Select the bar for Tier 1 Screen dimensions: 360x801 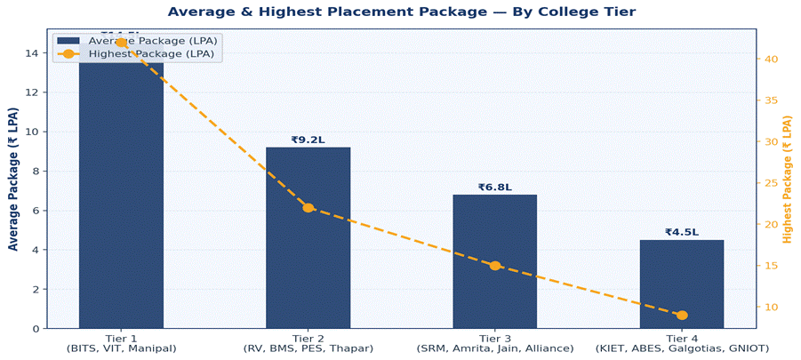tap(121, 196)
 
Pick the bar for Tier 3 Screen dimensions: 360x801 tap(494, 261)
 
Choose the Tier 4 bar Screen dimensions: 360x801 tap(682, 284)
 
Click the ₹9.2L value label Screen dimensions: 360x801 tap(308, 140)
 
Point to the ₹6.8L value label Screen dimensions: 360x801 tap(494, 187)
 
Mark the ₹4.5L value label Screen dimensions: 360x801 tap(682, 232)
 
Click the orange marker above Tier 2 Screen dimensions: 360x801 tap(308, 208)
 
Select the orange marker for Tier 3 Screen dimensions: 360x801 tap(494, 266)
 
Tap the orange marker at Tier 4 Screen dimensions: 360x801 tap(682, 316)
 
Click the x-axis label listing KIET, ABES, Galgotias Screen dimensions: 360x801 tap(682, 348)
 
